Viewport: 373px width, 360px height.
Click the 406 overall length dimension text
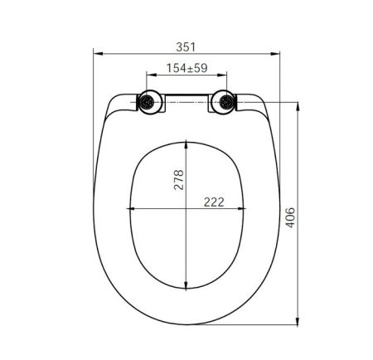[289, 217]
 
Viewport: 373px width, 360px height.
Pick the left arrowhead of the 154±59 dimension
[148, 75]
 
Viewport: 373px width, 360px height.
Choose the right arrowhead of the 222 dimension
[246, 207]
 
